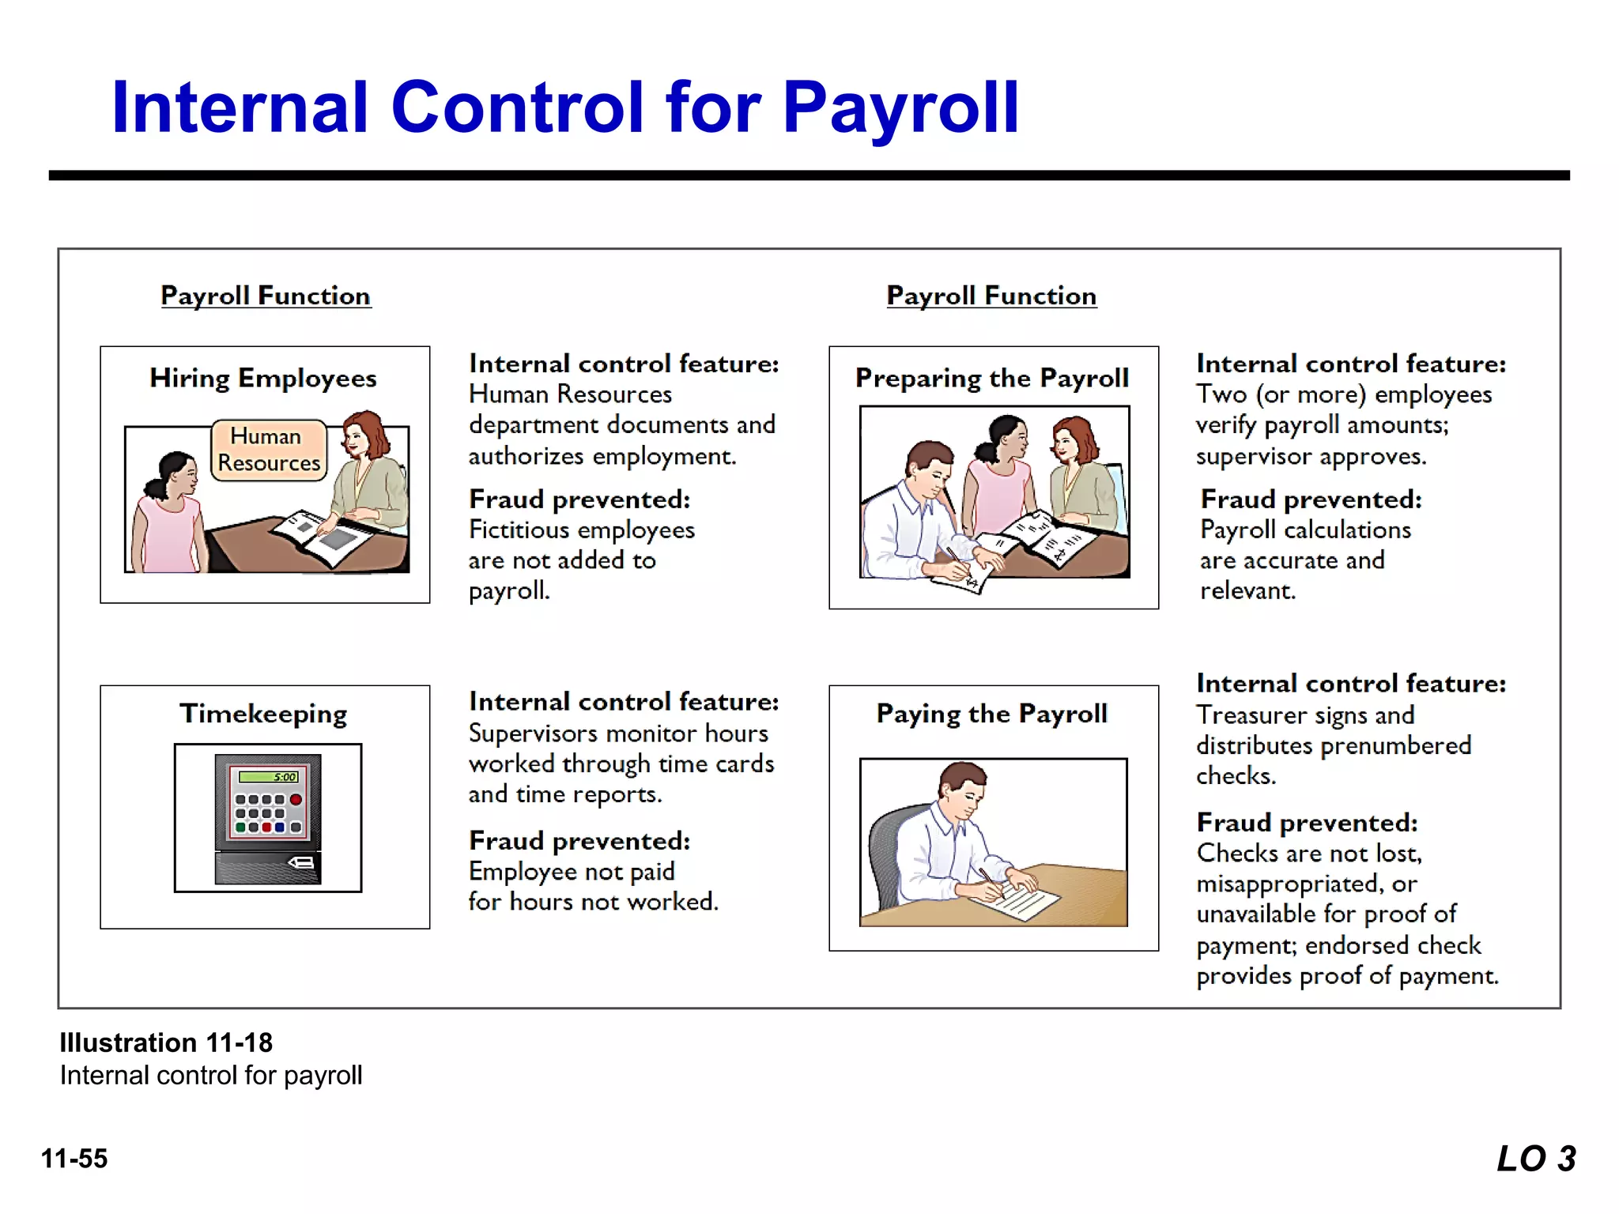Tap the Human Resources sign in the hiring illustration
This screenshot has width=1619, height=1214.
[x=269, y=450]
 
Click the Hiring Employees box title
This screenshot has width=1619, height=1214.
[x=263, y=379]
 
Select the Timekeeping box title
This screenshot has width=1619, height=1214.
[x=263, y=714]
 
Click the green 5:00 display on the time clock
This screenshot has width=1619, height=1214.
[x=270, y=777]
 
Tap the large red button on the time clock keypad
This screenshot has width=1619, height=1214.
[x=296, y=800]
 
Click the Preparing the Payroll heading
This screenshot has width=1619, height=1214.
[x=992, y=379]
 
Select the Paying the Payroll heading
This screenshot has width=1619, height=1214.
[x=992, y=714]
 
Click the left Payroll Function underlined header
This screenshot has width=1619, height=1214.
[x=266, y=296]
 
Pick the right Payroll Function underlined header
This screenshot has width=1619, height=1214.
[x=991, y=296]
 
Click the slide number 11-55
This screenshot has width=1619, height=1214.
[x=74, y=1159]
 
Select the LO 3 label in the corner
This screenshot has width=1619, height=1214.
[x=1536, y=1159]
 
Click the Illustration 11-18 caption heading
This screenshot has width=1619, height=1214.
[x=166, y=1042]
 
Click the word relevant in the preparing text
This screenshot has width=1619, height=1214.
[x=1247, y=591]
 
